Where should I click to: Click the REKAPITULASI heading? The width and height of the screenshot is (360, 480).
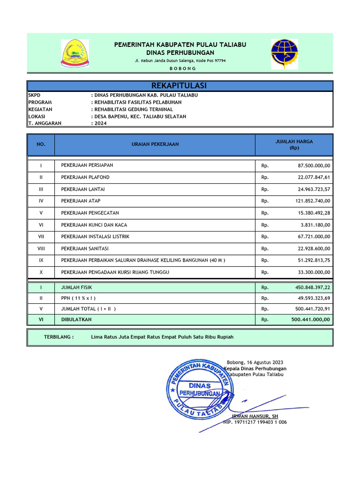tap(180, 86)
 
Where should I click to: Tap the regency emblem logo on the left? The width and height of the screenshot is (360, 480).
tap(75, 53)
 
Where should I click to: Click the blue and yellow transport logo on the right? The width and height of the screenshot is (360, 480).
tap(284, 53)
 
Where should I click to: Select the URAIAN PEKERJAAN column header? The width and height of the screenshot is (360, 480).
tap(155, 144)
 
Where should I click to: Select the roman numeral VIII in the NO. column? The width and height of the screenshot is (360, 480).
tap(41, 248)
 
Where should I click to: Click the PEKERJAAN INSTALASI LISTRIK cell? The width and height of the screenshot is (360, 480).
tap(95, 237)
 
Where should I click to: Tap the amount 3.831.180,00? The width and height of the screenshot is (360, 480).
tap(315, 225)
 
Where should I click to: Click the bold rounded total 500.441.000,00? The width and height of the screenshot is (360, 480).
tap(310, 320)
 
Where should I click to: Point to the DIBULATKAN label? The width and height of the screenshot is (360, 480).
tap(76, 320)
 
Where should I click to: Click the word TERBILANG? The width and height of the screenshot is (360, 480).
tap(59, 337)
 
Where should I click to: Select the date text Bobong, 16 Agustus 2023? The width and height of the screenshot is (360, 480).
tap(255, 362)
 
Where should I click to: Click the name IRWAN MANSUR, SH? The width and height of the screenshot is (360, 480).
tap(255, 416)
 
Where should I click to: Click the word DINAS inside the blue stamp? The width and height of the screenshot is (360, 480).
tap(200, 385)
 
